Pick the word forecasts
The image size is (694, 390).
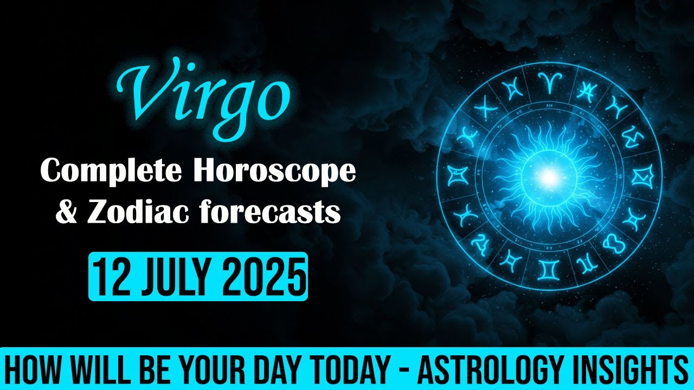pos(267,212)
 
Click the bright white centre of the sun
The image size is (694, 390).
pos(549,175)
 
